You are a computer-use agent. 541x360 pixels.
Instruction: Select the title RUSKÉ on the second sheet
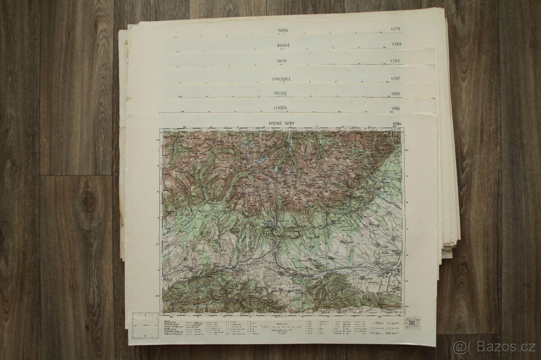pos(282,46)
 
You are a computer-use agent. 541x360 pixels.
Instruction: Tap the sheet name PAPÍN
pos(282,61)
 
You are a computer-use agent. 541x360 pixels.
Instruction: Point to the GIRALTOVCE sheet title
pos(281,79)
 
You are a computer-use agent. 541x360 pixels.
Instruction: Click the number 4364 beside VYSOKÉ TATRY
pos(398,124)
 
